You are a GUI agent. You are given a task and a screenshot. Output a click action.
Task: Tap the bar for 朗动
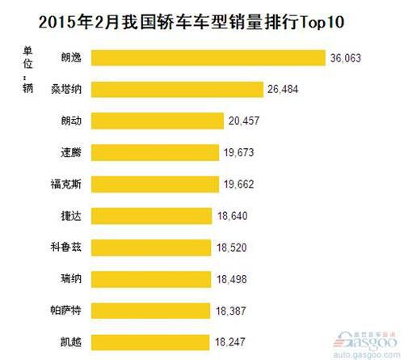(x=157, y=121)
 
